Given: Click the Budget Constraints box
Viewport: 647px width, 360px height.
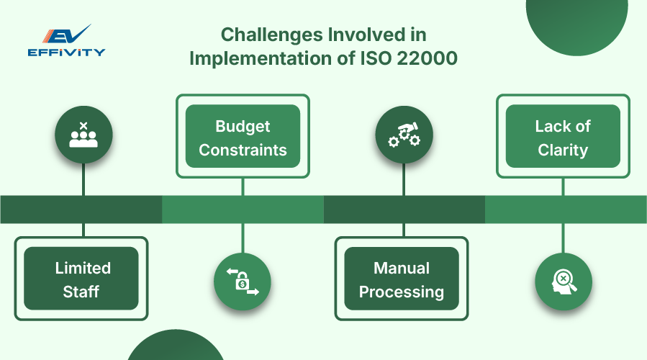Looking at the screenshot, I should coord(243,137).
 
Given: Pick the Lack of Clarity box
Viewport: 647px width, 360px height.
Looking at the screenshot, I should coord(562,137).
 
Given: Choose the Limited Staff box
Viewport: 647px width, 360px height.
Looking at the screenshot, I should coord(81,279).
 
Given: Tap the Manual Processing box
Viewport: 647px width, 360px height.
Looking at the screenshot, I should coord(401,279).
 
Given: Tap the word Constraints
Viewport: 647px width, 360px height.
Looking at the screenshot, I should coord(243,150).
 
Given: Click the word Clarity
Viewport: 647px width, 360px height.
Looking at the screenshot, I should coord(562,150).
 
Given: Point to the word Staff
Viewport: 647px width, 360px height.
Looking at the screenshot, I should coord(81,292).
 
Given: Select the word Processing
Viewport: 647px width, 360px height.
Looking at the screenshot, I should coord(401,292).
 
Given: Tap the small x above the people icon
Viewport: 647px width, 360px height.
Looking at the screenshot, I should coord(83,126).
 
